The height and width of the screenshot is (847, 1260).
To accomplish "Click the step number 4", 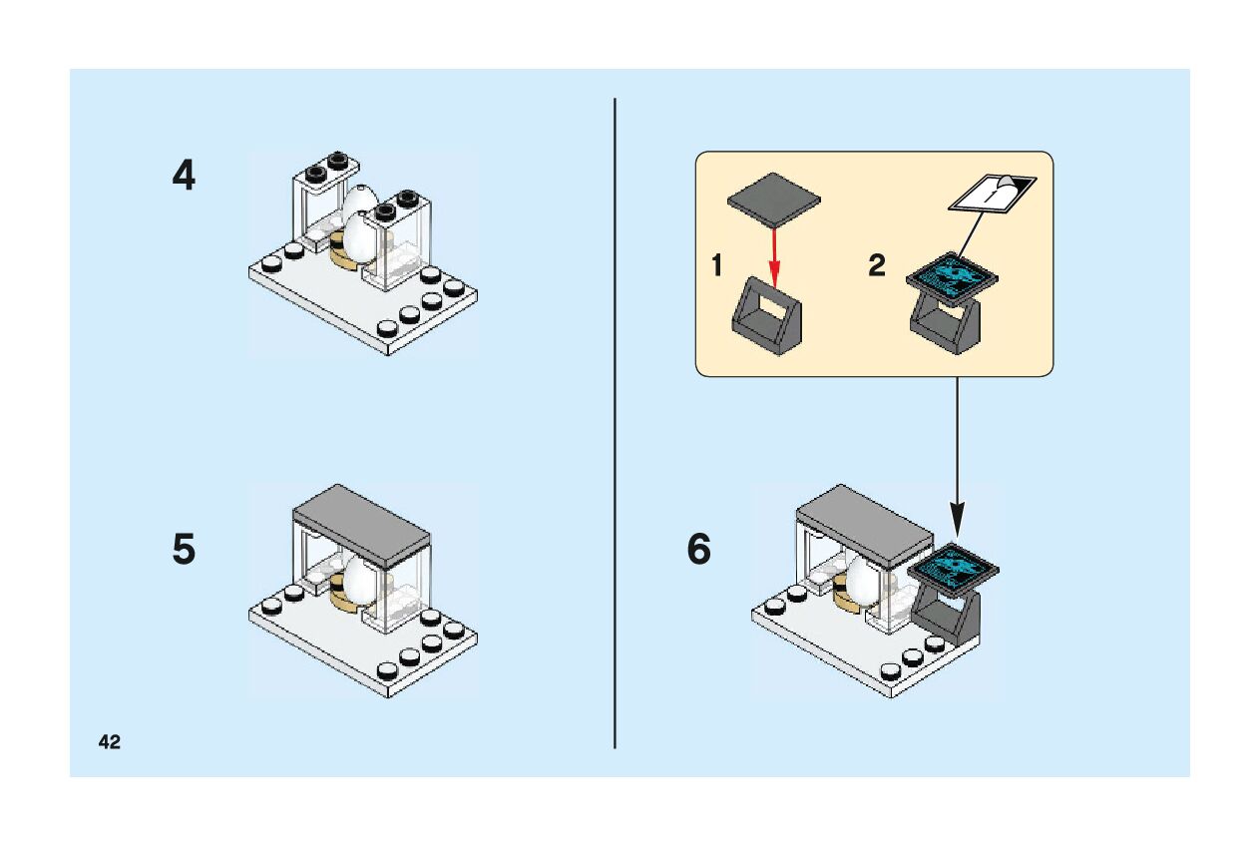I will pos(184,177).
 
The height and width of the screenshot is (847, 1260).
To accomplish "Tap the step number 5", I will pos(184,550).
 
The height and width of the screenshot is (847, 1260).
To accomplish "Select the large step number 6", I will pos(699,550).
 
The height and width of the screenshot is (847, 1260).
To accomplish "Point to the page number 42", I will pos(110,741).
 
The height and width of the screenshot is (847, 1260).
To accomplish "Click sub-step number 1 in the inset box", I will pos(716,266).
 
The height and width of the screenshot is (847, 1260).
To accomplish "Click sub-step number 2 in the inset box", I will pos(876,266).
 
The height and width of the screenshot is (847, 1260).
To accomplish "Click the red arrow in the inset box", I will pos(774,249).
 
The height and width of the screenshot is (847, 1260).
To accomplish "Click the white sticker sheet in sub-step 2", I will pos(992,193).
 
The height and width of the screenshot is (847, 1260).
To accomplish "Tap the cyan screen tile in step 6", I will pos(954,566).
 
